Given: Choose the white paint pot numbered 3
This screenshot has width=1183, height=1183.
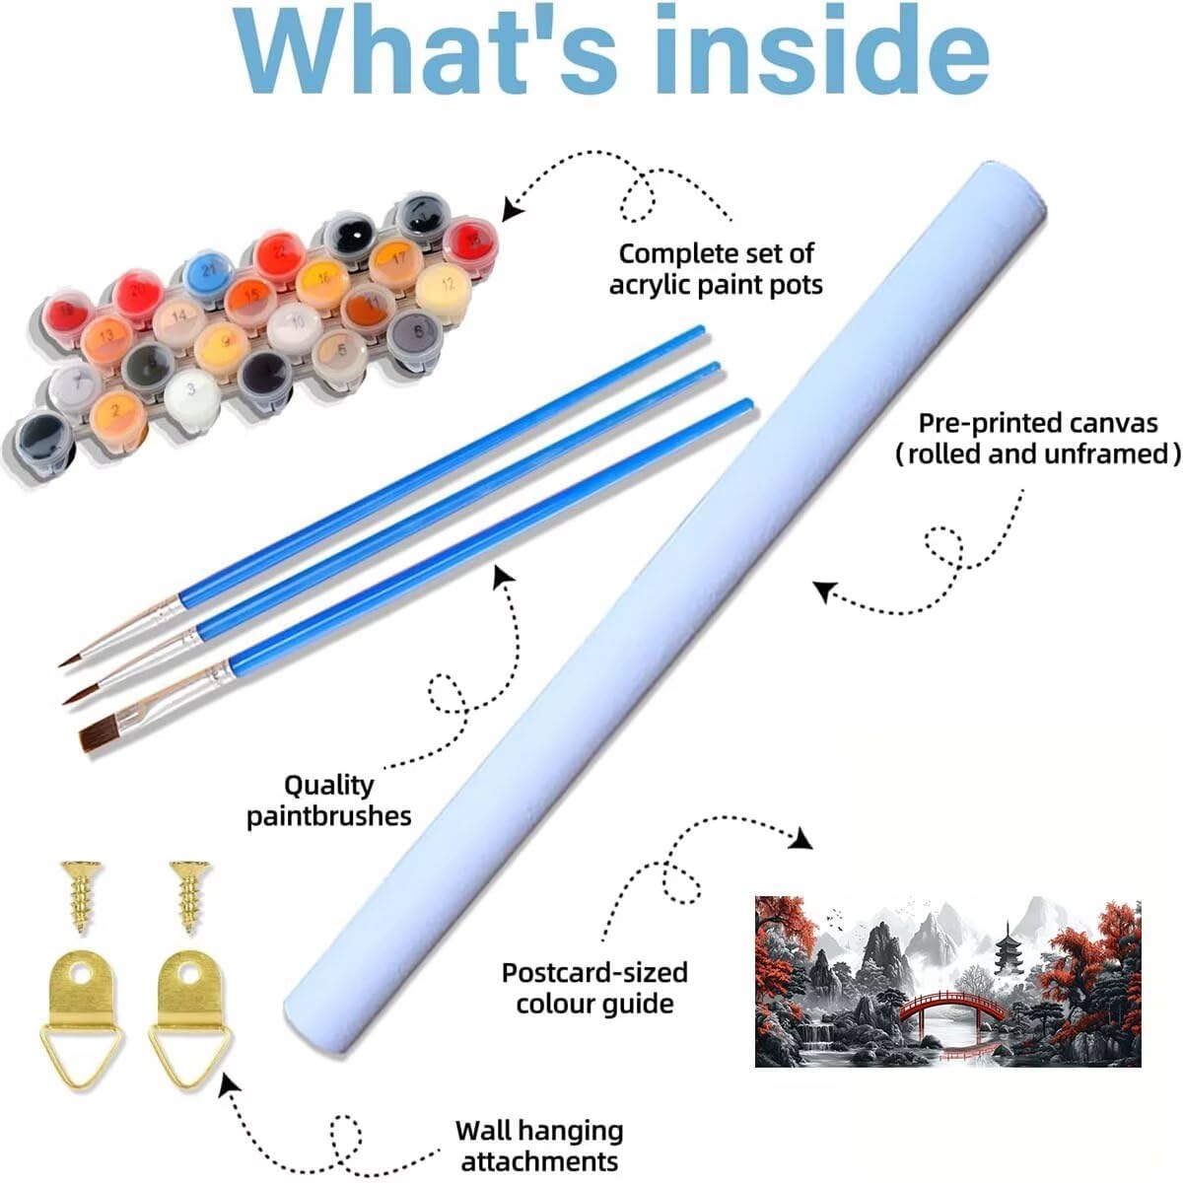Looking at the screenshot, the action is point(191,394).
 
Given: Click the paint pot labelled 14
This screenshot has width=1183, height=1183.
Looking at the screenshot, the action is point(179,321).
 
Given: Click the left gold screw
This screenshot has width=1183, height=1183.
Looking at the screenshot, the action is point(81,896).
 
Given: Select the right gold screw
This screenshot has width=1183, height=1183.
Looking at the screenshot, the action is point(189,896).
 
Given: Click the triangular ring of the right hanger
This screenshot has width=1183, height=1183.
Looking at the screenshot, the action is point(190,1054).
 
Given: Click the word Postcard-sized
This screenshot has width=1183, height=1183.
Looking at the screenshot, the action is point(594,973).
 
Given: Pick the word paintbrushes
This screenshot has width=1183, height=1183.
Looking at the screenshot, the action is point(329,817).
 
